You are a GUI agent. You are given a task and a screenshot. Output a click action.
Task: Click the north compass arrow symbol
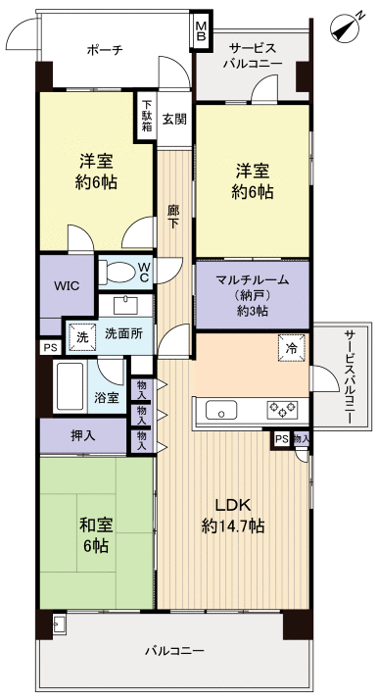click(344, 28)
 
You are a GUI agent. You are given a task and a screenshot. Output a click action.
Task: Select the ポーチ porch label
click(104, 49)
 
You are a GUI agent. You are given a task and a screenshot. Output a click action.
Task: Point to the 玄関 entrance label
click(174, 119)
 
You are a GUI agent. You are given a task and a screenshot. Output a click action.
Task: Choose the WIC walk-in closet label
click(67, 286)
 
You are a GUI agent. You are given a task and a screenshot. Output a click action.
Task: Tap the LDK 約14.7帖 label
click(233, 514)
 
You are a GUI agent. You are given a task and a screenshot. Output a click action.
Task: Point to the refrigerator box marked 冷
click(291, 349)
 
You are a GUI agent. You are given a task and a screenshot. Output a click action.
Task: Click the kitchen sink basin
click(218, 410)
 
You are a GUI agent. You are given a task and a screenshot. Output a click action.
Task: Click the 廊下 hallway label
click(173, 216)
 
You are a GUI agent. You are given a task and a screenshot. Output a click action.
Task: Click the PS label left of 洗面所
click(49, 346)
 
